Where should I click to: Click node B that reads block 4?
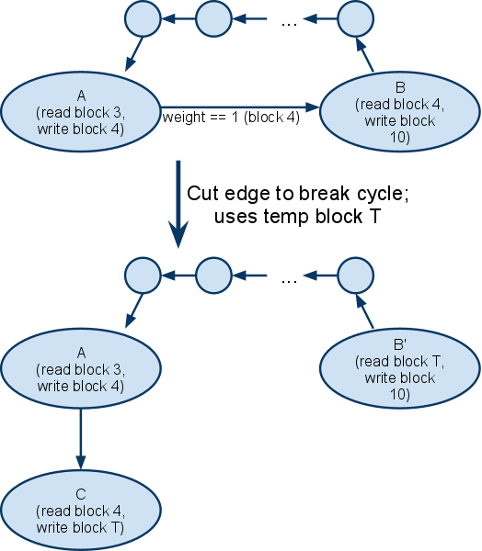[400, 112]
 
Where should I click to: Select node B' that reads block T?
[400, 368]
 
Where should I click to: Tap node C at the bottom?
[81, 511]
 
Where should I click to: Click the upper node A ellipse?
[81, 112]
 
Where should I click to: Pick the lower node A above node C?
[81, 368]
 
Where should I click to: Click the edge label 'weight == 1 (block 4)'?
[231, 118]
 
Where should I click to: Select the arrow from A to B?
[240, 107]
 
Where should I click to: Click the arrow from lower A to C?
[81, 439]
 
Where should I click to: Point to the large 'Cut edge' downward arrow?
[178, 205]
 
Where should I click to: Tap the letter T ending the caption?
[374, 216]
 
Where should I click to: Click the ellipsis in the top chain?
[290, 24]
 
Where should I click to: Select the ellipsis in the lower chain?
[290, 281]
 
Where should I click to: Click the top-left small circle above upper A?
[143, 18]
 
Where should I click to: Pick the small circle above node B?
[356, 18]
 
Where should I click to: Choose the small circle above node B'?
[356, 275]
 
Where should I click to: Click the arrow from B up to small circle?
[365, 55]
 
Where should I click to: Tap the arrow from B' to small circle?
[365, 311]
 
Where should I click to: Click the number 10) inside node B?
[400, 137]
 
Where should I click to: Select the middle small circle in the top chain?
[213, 18]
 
